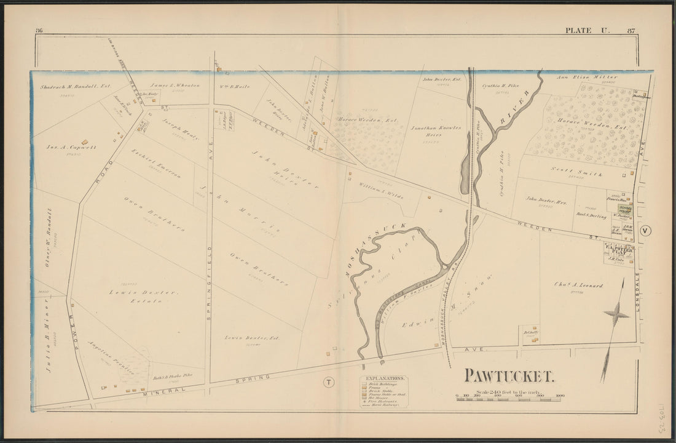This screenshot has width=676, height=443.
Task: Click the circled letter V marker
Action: point(645,231)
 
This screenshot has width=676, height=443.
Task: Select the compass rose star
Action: point(616,314)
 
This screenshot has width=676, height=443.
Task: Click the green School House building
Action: point(625,209)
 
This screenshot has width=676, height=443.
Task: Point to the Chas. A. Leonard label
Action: point(568,285)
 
